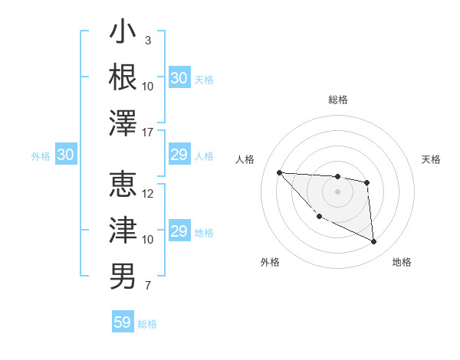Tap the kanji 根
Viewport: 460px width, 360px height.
(123, 77)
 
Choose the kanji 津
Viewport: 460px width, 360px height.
(123, 230)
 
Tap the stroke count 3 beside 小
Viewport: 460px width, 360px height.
(147, 40)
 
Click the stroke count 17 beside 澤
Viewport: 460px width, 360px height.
(148, 133)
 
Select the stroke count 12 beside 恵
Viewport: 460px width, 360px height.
(148, 194)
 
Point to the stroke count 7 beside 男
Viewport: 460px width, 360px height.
(147, 286)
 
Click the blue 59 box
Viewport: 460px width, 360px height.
(123, 322)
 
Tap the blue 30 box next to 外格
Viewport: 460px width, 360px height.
(65, 155)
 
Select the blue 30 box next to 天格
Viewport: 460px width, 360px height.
(179, 78)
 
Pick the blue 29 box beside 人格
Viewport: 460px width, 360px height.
(179, 155)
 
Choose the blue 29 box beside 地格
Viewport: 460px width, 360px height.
(179, 231)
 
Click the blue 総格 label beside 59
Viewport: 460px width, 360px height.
(147, 324)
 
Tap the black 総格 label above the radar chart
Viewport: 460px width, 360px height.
(337, 100)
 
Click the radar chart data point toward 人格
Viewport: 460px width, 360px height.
(279, 172)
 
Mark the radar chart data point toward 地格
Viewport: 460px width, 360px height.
(373, 242)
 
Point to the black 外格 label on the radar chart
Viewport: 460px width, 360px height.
(270, 263)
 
